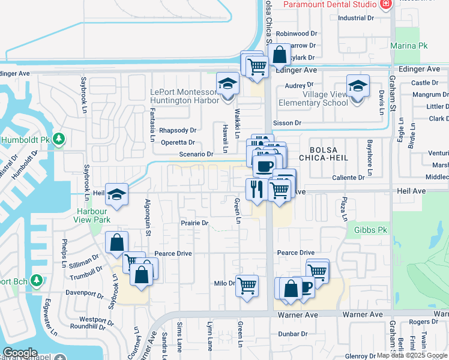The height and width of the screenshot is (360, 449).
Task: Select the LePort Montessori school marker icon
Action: click(228, 85)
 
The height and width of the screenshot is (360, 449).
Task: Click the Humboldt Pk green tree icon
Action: click(59, 139)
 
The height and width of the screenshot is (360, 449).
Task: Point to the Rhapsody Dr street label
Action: click(178, 130)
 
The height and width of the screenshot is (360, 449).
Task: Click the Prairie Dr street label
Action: click(194, 223)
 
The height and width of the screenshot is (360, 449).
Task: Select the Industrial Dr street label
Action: click(355, 18)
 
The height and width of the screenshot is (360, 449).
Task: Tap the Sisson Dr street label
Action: click(287, 123)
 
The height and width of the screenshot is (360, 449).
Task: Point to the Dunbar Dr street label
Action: click(292, 334)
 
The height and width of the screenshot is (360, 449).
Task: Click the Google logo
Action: click(20, 353)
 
